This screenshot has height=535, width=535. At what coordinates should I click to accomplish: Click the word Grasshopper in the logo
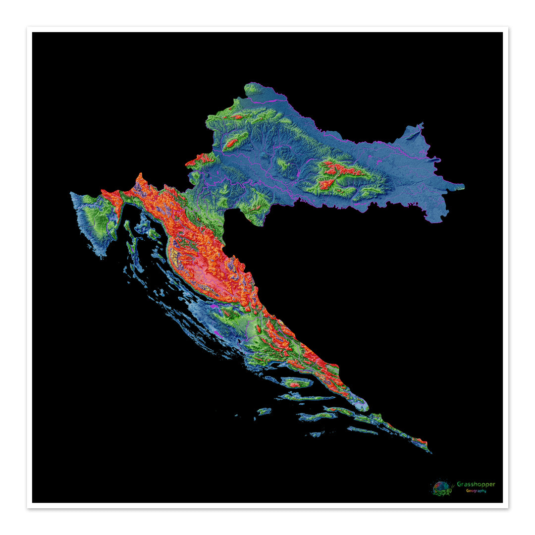tap(476, 484)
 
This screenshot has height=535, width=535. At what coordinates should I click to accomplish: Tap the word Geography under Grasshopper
tap(476, 491)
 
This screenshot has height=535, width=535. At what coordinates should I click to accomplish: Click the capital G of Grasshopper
tap(459, 484)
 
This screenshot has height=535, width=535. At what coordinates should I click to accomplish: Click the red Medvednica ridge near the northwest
tap(232, 143)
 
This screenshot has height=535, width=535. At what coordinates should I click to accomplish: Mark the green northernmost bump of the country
tap(253, 89)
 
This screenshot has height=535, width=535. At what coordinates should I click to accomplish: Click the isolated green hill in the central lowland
tap(283, 163)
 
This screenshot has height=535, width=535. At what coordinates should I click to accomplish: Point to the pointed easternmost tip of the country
tap(462, 187)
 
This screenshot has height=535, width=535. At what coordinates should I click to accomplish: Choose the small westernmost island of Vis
tap(264, 411)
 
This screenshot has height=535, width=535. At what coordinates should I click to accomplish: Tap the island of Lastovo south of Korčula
tap(316, 434)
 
